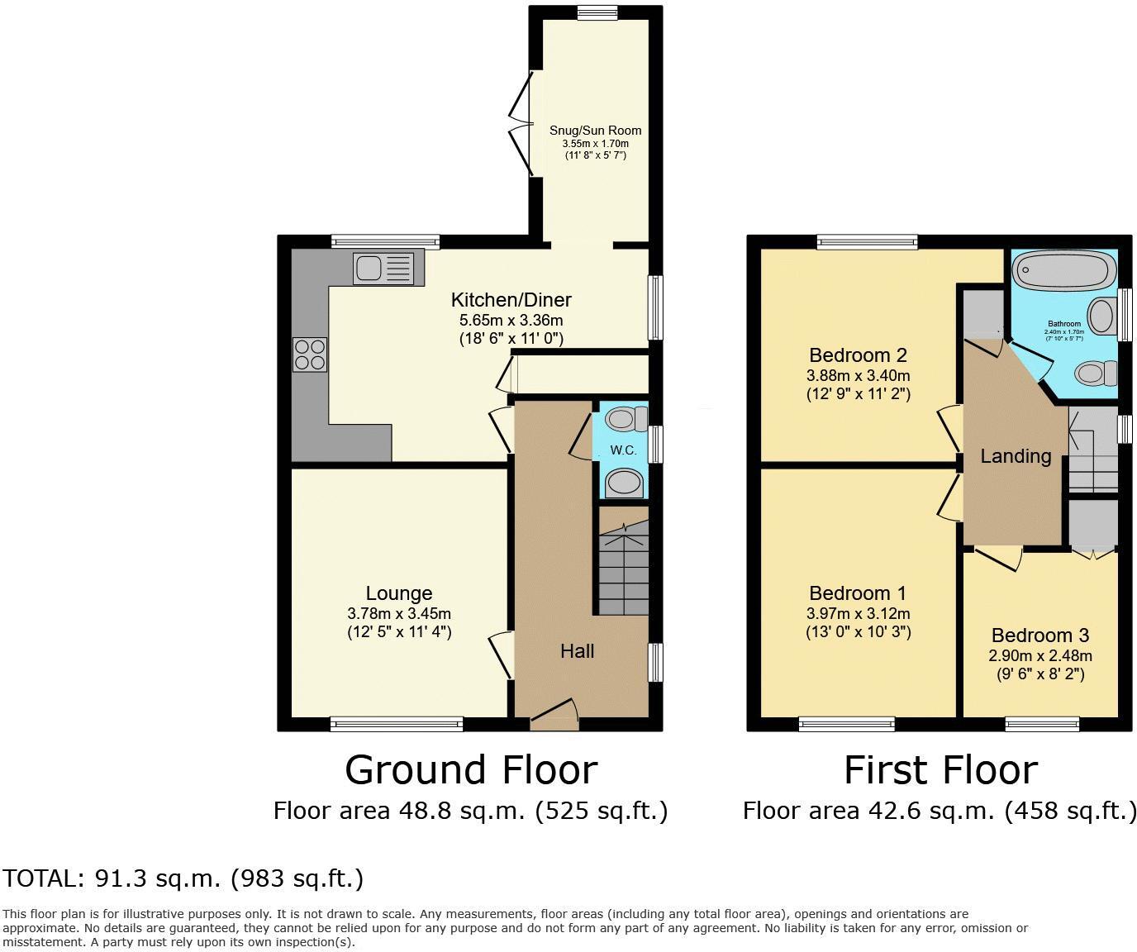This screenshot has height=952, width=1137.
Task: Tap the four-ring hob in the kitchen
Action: coord(310,355)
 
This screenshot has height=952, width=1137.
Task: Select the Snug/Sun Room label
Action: coord(595,131)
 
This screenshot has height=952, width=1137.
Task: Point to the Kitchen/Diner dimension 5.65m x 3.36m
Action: coord(511,321)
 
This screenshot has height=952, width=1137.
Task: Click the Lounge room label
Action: coord(399,593)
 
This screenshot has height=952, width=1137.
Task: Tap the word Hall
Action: coord(578,651)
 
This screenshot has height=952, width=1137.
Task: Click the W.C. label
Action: coord(623,450)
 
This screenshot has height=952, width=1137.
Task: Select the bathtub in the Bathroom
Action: coord(1063,269)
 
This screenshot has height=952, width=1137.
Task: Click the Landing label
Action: coord(1016,456)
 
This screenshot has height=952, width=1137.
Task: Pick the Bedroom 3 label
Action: coord(1040,635)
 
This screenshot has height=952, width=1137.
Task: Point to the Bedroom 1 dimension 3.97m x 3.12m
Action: coord(859,614)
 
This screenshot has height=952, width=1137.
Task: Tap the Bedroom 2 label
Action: coord(859,355)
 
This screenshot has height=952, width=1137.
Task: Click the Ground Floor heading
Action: coord(471,770)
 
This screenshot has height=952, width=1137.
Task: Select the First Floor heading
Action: coord(941,770)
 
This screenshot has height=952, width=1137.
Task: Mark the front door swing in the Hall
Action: coord(554,713)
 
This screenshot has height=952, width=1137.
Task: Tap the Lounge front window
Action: coord(397,724)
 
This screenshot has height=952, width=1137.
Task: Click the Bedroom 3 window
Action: coord(1042,724)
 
